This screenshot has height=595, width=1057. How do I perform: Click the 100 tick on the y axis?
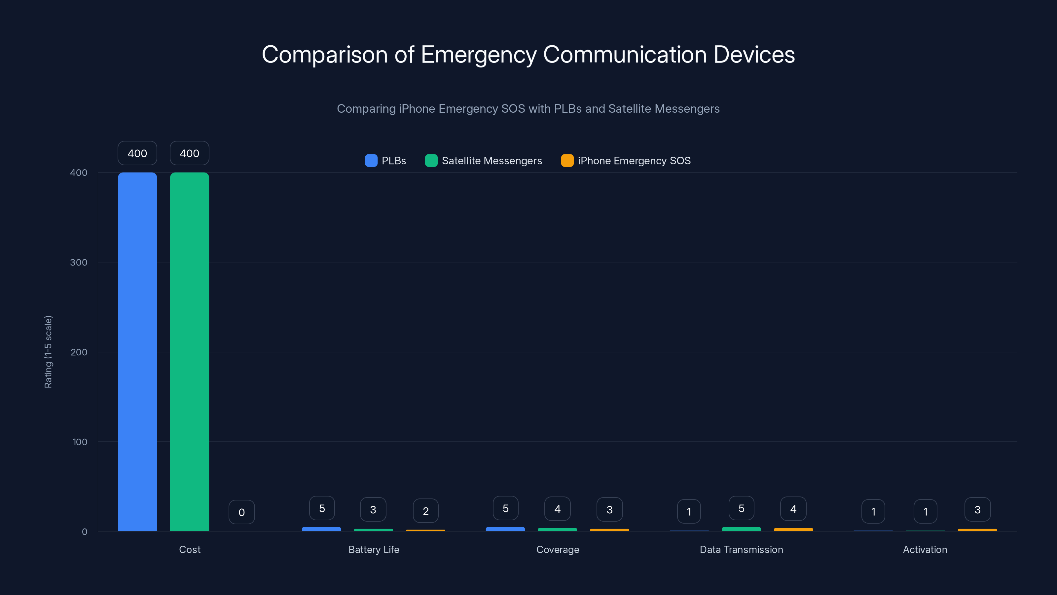80,442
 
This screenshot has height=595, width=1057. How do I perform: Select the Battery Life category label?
373,549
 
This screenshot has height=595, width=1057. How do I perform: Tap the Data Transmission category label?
741,549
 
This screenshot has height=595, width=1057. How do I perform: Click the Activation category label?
925,549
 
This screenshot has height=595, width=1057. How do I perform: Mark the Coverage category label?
558,549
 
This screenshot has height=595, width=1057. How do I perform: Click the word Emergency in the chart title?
478,55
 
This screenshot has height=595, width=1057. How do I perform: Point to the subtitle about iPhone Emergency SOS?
528,109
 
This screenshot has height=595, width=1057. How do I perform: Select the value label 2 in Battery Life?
425,511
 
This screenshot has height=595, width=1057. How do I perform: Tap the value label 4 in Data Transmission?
793,509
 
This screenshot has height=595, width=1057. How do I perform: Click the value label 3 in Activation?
977,510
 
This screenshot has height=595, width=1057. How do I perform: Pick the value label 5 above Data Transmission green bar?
741,508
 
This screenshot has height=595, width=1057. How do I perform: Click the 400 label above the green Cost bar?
189,153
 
